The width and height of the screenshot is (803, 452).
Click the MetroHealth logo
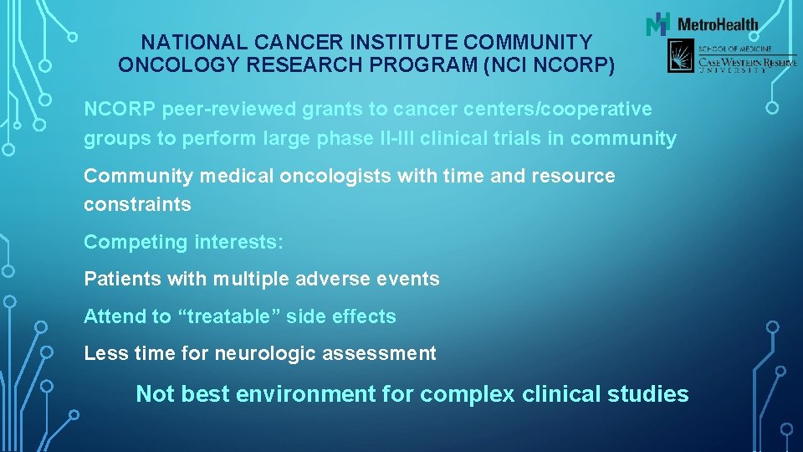[703, 24]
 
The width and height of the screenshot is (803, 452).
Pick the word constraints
[137, 204]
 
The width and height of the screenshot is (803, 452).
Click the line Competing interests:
[183, 242]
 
